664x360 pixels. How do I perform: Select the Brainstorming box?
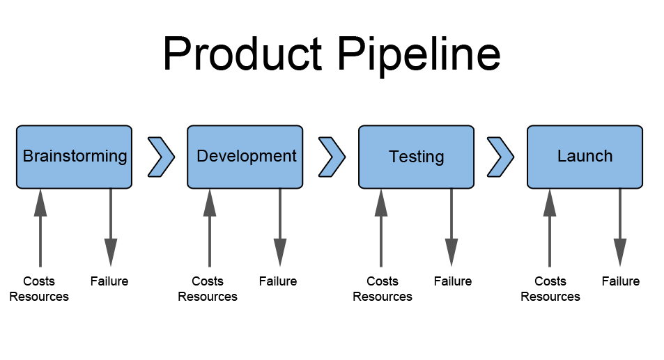pos(74,157)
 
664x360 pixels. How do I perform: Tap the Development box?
pos(245,157)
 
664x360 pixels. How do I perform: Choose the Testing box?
pos(416,157)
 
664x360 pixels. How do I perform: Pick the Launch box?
pos(585,157)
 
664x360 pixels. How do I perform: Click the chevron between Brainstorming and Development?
pos(161,157)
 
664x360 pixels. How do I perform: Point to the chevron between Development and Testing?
pos(332,157)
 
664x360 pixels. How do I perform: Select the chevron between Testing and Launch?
pos(500,157)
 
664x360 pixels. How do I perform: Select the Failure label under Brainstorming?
pos(109,281)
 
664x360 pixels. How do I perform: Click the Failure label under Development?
pos(278,281)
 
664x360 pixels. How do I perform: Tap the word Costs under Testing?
pos(383,281)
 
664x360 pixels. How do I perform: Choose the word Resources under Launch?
pos(550,297)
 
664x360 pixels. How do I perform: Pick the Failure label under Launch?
pos(621,281)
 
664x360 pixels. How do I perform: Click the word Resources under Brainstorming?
pos(40,297)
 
